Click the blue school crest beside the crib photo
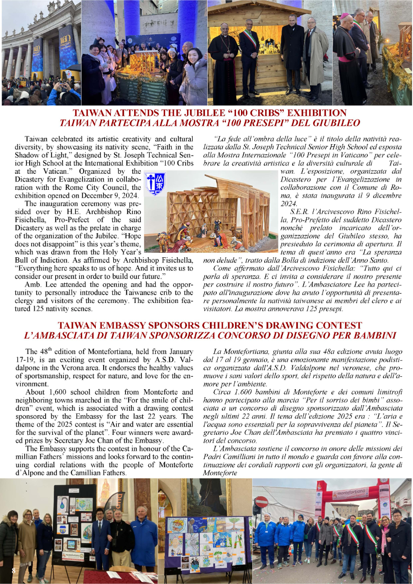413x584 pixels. coord(155,184)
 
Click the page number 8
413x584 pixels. coord(14,571)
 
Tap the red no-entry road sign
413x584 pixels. coord(261,502)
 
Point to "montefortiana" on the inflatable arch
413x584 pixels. coord(350,493)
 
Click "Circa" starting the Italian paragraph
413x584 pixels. coord(222,392)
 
